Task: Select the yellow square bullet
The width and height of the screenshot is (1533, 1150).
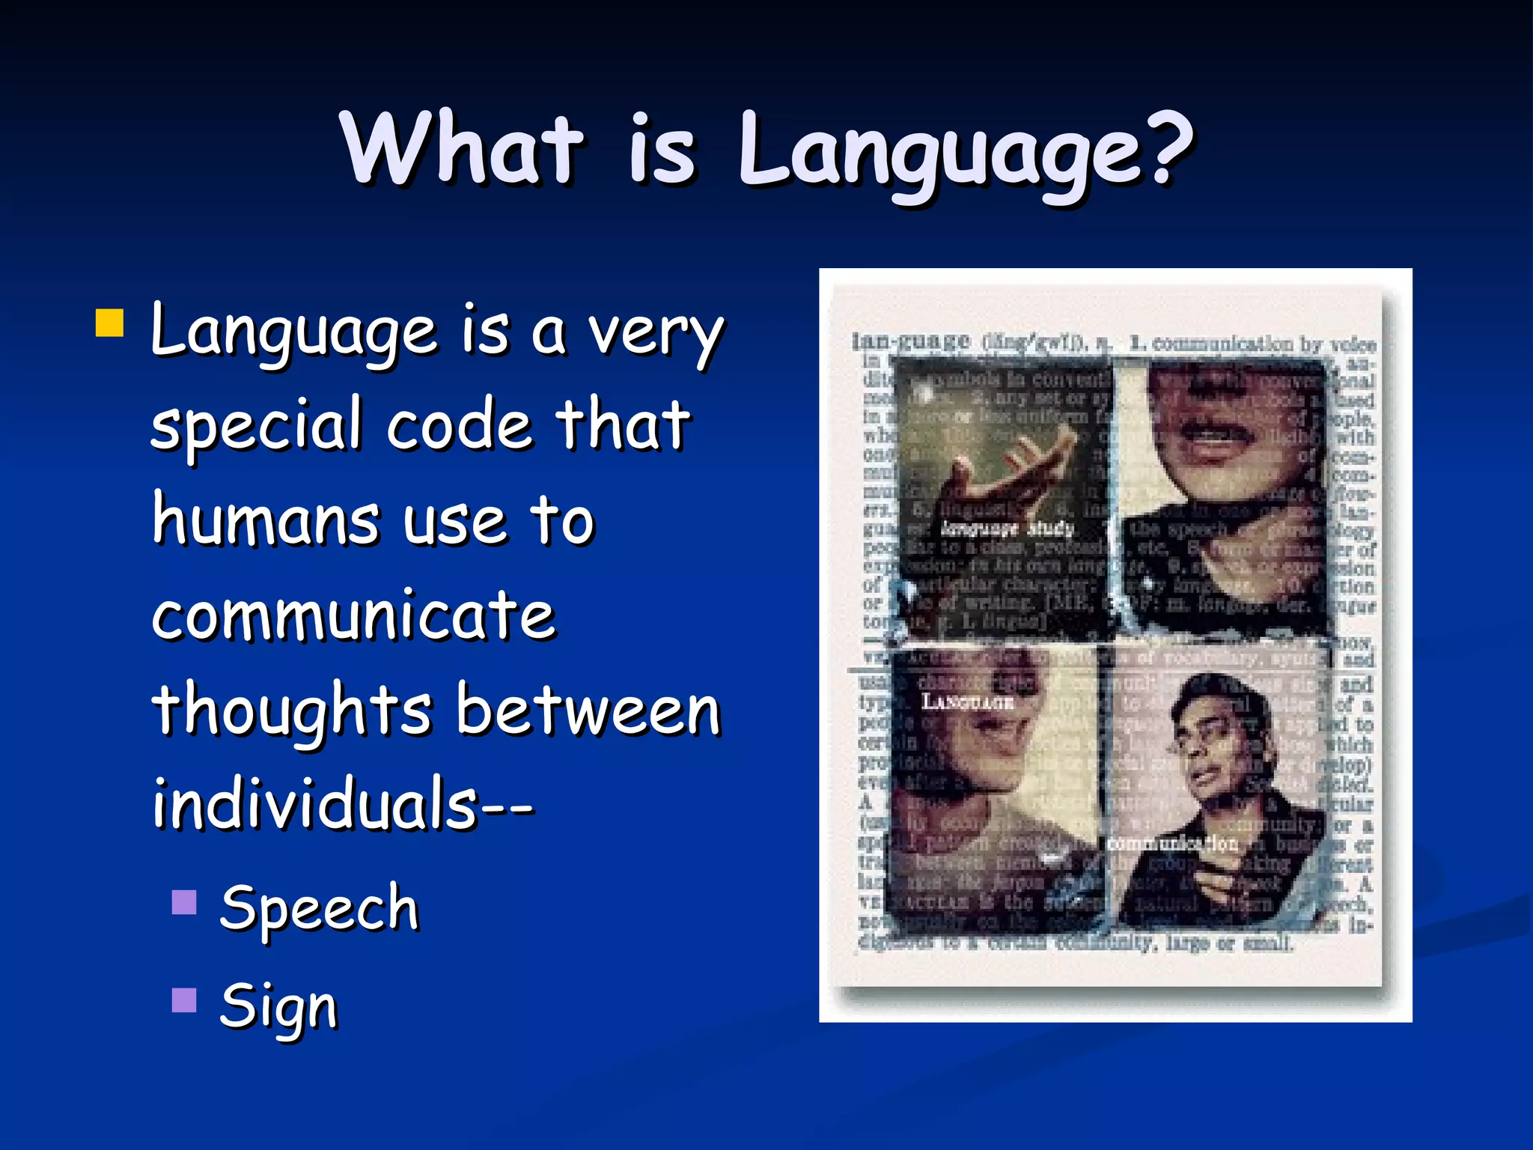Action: [110, 323]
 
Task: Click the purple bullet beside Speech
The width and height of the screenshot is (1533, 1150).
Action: [184, 902]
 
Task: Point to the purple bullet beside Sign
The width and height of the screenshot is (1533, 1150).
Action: [184, 1000]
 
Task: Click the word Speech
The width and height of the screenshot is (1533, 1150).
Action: [319, 908]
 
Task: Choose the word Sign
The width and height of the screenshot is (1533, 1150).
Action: [278, 1006]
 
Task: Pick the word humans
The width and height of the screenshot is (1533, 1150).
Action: [266, 520]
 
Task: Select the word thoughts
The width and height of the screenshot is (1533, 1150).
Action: [292, 711]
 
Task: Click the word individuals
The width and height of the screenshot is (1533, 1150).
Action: [315, 803]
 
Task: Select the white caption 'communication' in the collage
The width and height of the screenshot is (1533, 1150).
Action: [1172, 844]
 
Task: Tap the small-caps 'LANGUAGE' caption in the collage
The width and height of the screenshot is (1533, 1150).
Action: [967, 702]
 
